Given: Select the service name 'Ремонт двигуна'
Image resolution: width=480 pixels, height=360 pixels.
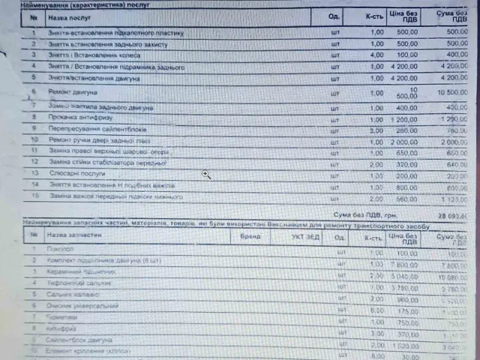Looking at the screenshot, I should [x=73, y=92].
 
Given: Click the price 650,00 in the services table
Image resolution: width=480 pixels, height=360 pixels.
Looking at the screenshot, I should [x=407, y=151].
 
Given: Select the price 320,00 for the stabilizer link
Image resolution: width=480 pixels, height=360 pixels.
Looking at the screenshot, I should [x=407, y=163].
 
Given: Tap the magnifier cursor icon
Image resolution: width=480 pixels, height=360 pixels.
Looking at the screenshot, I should [x=205, y=174].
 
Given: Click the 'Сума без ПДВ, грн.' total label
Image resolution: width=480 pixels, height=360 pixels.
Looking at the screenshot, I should [x=376, y=214].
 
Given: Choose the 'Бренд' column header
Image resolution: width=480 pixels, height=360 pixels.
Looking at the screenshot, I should [x=251, y=236].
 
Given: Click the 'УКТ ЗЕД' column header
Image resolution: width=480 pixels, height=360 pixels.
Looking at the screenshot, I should [x=303, y=236].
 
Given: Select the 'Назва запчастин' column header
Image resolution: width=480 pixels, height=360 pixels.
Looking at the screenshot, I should [x=73, y=235].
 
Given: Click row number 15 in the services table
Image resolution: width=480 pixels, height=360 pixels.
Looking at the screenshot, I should [x=34, y=196].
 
